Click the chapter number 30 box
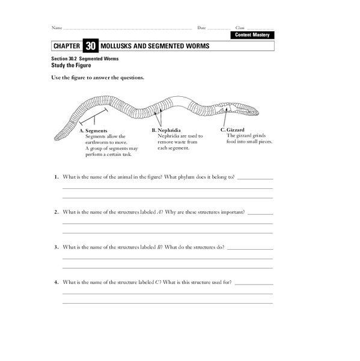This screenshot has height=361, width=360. pos(90,46)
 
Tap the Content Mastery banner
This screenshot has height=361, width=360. pos(252,35)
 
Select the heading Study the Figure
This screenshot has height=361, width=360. pos(70,64)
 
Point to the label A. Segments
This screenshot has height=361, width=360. pos(93,131)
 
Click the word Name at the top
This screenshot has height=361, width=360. pos(56,28)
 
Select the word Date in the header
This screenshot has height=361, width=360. pos(201,28)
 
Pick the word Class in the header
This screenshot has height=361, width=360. pos(240,28)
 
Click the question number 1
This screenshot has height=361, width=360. pos(56,178)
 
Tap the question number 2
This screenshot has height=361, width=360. pos(56,212)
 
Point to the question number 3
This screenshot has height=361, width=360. pos(56,247)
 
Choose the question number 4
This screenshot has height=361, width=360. pos(56,282)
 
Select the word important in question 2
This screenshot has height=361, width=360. pos(231,212)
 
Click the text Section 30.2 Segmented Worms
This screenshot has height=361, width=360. pos(85,58)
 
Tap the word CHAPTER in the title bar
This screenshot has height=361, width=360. pos(66,46)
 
